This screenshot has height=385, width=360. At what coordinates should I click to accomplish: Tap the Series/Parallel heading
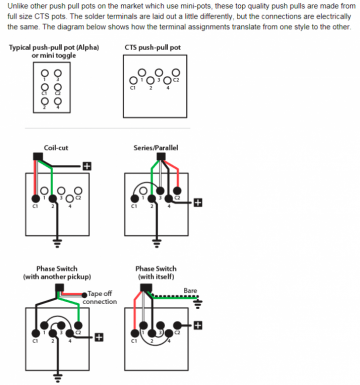tap(156, 148)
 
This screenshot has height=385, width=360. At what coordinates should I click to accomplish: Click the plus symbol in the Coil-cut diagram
tap(87, 166)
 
